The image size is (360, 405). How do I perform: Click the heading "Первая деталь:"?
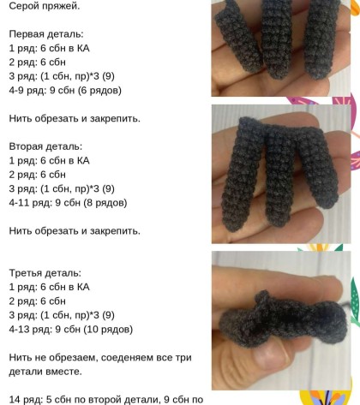46,34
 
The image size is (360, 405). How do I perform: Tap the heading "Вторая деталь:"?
45,146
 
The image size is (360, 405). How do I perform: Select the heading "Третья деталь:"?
45,273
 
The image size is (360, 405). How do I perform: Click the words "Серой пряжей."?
45,6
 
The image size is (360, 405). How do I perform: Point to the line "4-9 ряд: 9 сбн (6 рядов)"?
65,91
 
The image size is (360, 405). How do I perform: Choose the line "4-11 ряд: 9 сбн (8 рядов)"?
68,203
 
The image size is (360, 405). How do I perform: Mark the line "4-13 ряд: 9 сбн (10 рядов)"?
71,330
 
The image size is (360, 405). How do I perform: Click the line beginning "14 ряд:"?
106,400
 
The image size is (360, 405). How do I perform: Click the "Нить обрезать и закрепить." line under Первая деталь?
75,118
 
